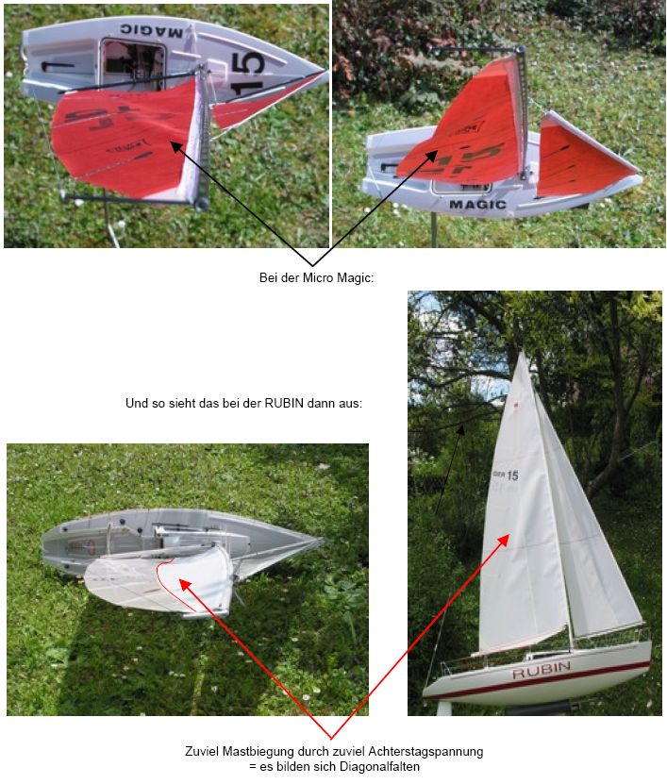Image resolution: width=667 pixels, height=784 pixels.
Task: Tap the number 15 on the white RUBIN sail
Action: [x=512, y=475]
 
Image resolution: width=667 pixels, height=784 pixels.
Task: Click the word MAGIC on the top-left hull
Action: [x=151, y=31]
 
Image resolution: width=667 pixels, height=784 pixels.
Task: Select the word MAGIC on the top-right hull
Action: [x=477, y=204]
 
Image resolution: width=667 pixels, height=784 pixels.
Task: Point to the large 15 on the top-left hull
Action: [x=248, y=73]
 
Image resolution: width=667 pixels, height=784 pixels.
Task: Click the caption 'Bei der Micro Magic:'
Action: [x=316, y=277]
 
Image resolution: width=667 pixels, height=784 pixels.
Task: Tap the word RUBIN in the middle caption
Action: [x=284, y=403]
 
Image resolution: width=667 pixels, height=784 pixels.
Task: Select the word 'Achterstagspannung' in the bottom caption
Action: [x=425, y=751]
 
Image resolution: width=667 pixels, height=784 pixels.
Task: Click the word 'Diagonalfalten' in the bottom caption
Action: [x=379, y=766]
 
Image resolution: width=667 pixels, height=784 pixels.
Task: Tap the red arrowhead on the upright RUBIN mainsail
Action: [x=504, y=540]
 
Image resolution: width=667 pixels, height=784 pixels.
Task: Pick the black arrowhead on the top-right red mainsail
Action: [x=431, y=157]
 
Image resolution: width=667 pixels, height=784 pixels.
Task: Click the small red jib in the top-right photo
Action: [x=580, y=158]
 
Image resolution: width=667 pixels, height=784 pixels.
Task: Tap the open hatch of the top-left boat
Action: [x=133, y=64]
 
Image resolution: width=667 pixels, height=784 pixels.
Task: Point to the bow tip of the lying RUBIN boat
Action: [x=324, y=541]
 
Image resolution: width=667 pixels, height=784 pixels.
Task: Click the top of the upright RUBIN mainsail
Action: [x=522, y=353]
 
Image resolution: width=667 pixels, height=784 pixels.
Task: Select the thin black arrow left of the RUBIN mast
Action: [x=449, y=470]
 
